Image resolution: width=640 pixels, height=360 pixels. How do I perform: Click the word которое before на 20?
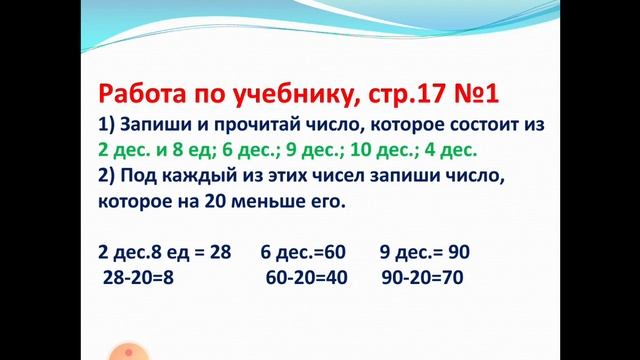(x=137, y=201)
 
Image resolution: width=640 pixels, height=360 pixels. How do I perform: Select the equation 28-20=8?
(x=138, y=277)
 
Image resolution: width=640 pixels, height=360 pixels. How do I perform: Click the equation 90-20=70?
(x=422, y=277)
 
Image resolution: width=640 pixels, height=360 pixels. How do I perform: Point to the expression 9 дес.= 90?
(x=424, y=251)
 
